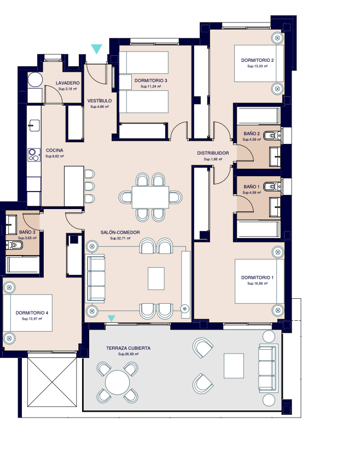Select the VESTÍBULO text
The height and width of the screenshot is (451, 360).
[x=100, y=101]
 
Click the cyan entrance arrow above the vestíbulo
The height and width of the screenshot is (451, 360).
[x=97, y=49]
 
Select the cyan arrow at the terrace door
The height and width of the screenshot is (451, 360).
[x=112, y=318]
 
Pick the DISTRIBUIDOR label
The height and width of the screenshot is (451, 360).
[x=213, y=153]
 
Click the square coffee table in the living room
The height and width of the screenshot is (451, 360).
[x=156, y=278]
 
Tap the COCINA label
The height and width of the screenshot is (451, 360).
[x=54, y=150]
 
